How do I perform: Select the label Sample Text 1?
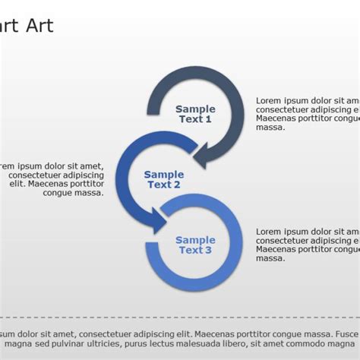click(195, 114)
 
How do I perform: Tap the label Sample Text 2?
click(163, 179)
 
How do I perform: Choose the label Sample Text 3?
click(195, 245)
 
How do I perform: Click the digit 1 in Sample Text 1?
click(208, 119)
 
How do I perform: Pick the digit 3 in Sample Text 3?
click(208, 251)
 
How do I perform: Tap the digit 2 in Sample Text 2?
click(176, 185)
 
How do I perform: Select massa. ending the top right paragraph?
click(270, 128)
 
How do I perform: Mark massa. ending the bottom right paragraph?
click(270, 258)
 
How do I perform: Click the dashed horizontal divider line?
click(180, 317)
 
